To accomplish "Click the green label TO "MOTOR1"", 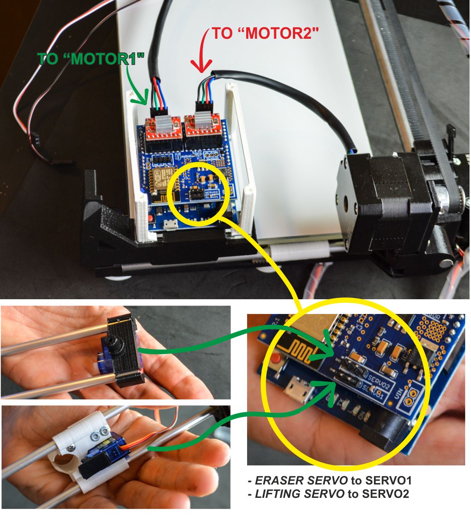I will pos(91,59).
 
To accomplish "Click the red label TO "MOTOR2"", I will pos(266,34).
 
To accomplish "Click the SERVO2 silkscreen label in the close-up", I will pos(379,382).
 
